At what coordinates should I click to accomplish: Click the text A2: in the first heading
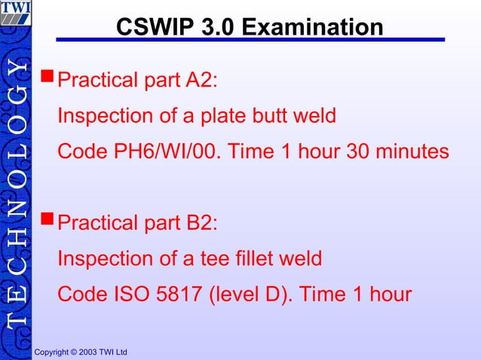[x=203, y=80]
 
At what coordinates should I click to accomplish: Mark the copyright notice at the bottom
[x=81, y=352]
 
